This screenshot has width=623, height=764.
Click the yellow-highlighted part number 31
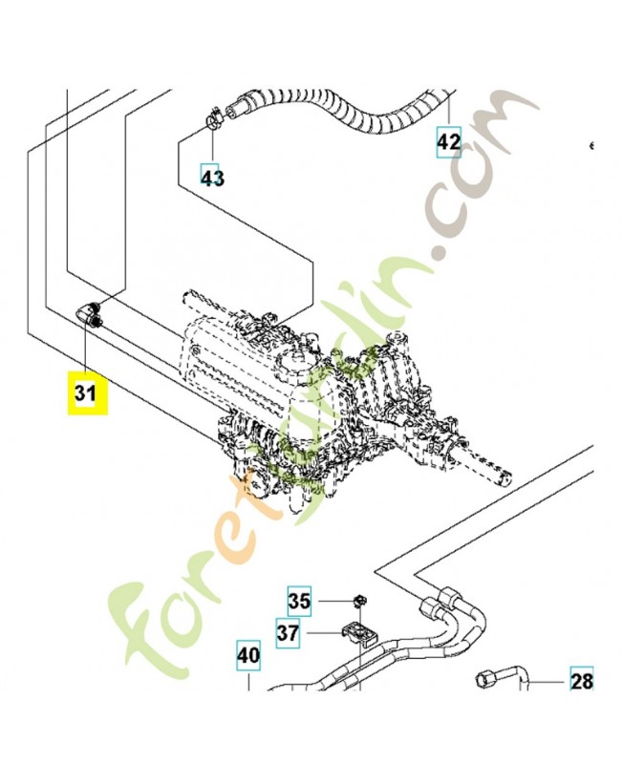point(86,393)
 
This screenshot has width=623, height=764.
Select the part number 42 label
point(448,142)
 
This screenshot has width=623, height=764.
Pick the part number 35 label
point(300,602)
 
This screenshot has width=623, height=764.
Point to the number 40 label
point(247,656)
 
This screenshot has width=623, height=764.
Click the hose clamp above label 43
point(212,119)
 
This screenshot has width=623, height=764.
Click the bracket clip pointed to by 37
point(358,633)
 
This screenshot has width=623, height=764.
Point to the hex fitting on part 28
point(483,679)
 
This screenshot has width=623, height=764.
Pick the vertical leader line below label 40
point(247,680)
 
